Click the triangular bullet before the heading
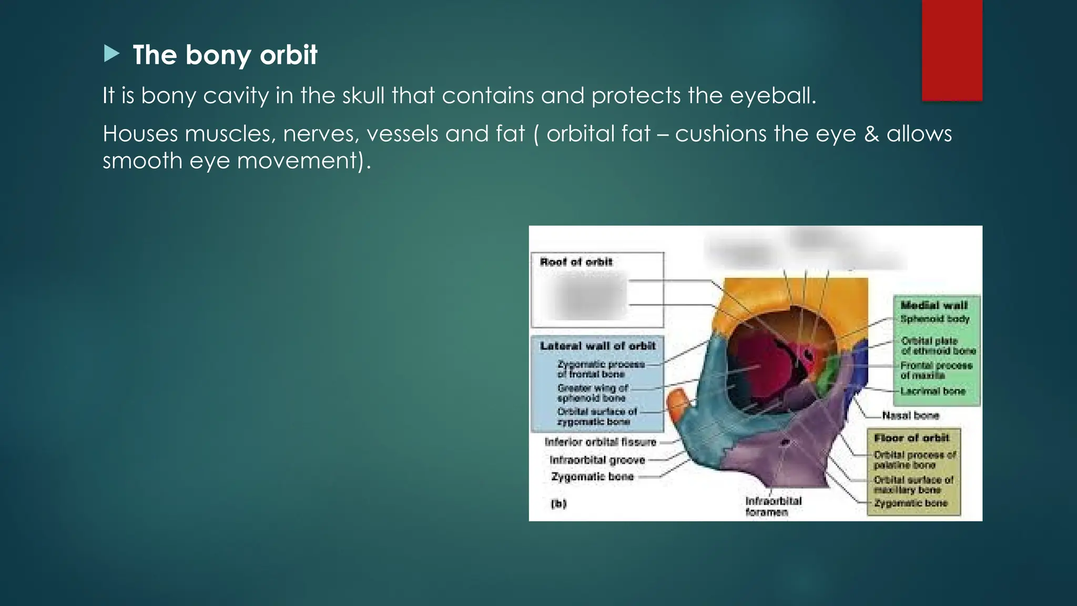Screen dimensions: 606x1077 (111, 54)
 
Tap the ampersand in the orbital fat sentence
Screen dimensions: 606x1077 (871, 134)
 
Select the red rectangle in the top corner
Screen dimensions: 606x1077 (952, 50)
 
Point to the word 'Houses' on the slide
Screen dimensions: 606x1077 (140, 134)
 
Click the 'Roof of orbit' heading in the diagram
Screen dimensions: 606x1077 (576, 262)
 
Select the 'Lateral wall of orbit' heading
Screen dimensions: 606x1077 (597, 346)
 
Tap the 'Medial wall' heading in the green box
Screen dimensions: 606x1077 (933, 305)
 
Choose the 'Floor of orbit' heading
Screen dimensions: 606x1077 (911, 438)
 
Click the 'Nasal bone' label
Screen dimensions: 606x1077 (910, 416)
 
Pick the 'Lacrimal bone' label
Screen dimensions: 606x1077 (933, 391)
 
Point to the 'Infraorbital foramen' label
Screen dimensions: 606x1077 (773, 506)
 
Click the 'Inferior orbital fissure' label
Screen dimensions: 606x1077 (601, 442)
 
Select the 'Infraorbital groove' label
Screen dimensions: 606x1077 (597, 460)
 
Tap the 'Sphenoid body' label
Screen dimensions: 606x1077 (934, 319)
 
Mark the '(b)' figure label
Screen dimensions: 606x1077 (558, 503)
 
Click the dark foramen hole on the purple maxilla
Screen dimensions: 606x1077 (786, 442)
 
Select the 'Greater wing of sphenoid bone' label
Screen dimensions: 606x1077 (593, 393)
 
